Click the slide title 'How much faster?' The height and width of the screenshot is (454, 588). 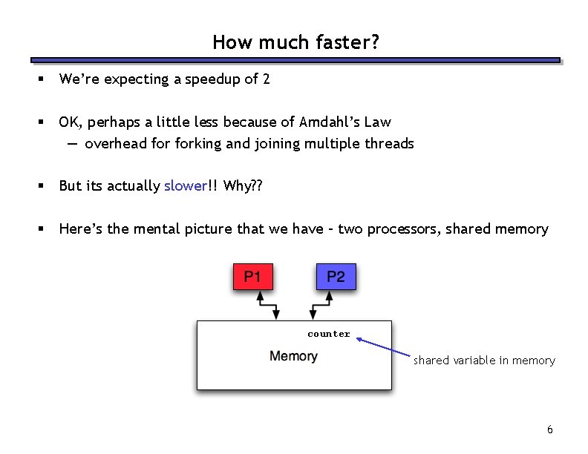[295, 42]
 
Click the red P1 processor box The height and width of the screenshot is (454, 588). [252, 277]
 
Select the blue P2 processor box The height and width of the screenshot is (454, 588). [336, 277]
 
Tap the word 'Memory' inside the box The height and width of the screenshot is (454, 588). [293, 356]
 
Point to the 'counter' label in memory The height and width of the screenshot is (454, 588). [329, 334]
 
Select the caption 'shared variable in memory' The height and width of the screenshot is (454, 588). [484, 361]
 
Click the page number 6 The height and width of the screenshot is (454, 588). [549, 430]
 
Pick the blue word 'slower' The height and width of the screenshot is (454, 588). [185, 186]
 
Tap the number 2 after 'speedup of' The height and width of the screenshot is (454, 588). [267, 79]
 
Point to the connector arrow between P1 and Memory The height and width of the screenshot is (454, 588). [267, 305]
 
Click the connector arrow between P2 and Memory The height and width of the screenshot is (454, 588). [321, 305]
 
